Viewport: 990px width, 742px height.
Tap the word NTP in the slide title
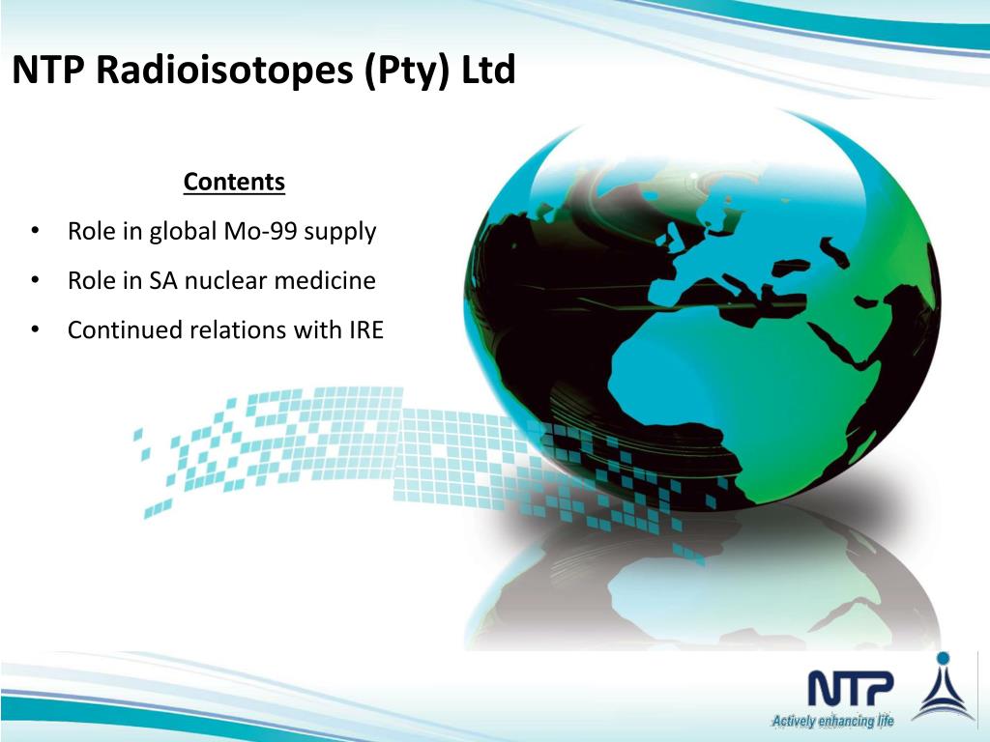click(x=45, y=71)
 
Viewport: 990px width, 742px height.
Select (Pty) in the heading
click(x=406, y=71)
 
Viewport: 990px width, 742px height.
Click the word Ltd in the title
click(x=488, y=71)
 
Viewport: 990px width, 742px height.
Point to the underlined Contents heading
click(x=234, y=182)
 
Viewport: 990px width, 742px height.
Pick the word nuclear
click(x=224, y=281)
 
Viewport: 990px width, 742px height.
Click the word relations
click(x=237, y=330)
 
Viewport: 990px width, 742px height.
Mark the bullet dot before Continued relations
click(x=35, y=330)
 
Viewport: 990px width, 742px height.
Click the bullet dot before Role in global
click(x=35, y=232)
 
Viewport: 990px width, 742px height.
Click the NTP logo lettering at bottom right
click(x=851, y=689)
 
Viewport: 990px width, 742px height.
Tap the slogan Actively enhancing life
click(x=832, y=721)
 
